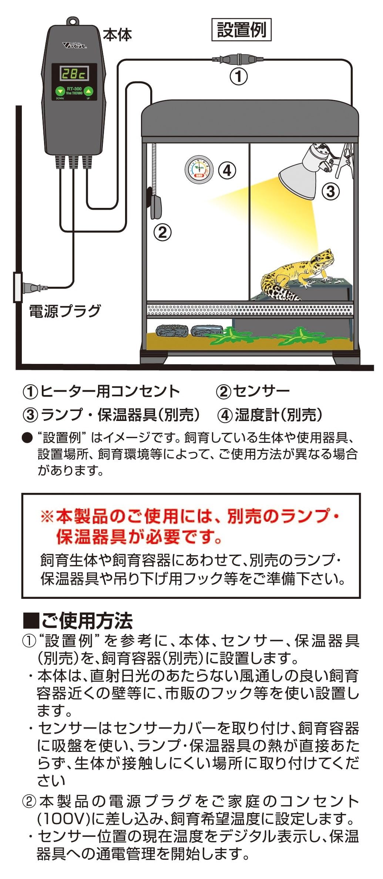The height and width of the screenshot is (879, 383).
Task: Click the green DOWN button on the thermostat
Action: point(60,91)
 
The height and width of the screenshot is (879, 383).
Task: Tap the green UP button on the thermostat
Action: point(88,91)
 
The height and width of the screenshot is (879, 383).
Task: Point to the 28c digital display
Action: point(74,74)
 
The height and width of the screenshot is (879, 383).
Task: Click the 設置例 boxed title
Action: point(241,30)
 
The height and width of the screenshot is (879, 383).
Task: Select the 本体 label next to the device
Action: point(117,35)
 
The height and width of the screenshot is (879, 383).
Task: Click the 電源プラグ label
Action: point(65,311)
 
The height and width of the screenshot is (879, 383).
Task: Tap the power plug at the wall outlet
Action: point(33,287)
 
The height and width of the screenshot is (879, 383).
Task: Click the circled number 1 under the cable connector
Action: point(239,77)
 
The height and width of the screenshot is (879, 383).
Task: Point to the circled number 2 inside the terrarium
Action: point(162,232)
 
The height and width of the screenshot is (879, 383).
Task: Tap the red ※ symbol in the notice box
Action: point(47,516)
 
